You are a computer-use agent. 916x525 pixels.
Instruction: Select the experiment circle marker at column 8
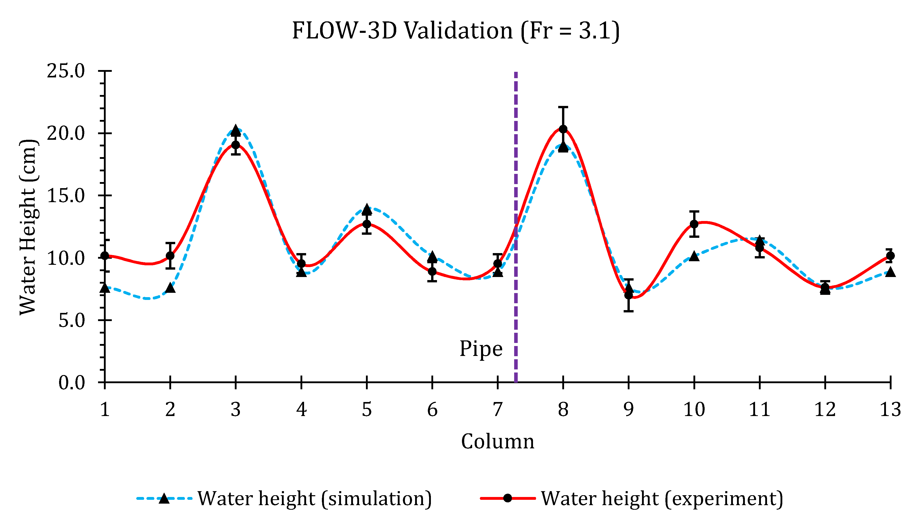coord(563,129)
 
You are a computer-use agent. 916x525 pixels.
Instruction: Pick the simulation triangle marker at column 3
coord(236,130)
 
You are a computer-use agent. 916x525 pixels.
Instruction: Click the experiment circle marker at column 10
coord(694,224)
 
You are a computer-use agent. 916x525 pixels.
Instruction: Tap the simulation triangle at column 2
coord(170,288)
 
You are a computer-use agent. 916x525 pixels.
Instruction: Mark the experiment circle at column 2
coord(170,256)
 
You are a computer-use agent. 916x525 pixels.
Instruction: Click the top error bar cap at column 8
coord(563,107)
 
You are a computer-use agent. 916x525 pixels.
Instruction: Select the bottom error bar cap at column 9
coord(628,311)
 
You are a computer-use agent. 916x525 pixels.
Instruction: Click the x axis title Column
coord(497,441)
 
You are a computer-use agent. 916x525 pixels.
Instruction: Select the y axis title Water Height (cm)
coord(28,227)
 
